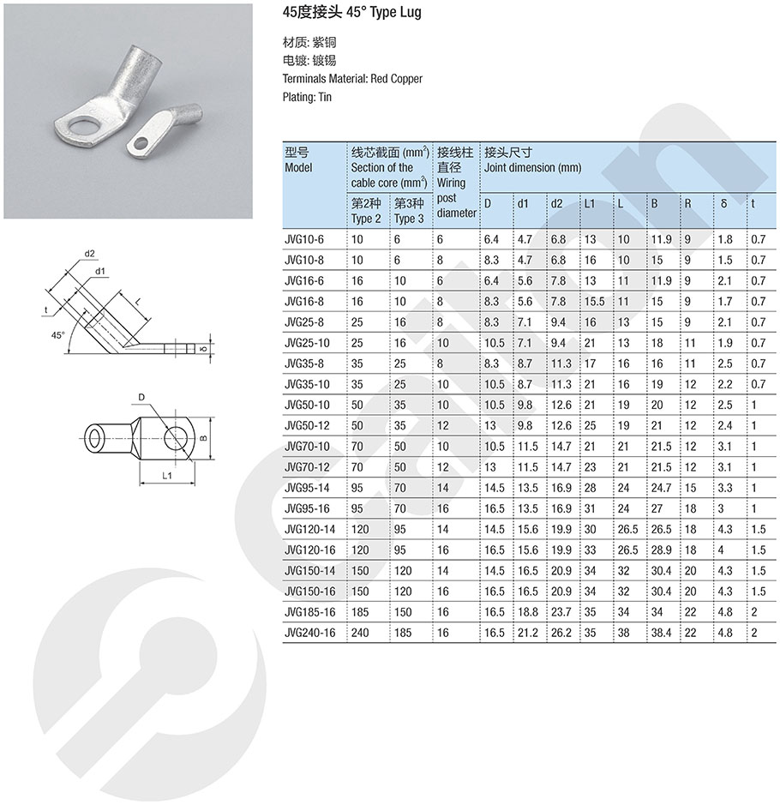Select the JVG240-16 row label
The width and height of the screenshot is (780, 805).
pos(310,633)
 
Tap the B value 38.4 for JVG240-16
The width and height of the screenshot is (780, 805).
pos(662,633)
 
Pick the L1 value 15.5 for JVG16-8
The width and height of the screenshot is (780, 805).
pos(594,302)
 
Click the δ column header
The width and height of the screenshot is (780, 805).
pos(723,204)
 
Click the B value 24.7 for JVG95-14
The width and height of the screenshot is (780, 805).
pos(662,488)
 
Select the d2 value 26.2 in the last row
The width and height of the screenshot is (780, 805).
pos(561,633)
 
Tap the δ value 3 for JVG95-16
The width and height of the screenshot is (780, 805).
pos(721,508)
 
